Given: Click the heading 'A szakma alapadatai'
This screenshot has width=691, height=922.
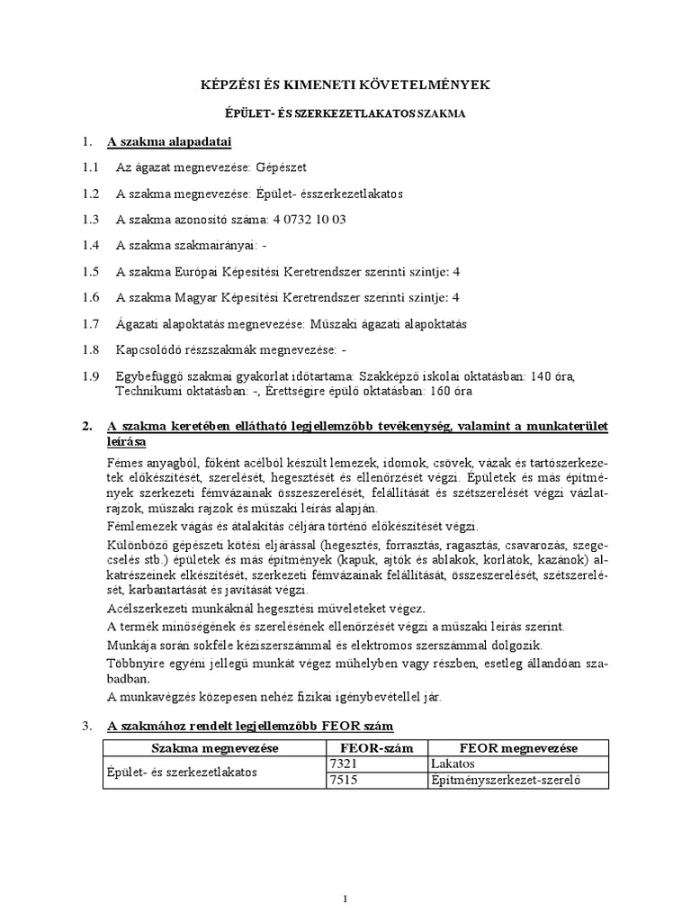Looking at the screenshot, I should [169, 141].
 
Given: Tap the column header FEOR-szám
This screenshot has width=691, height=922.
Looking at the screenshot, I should [375, 748].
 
